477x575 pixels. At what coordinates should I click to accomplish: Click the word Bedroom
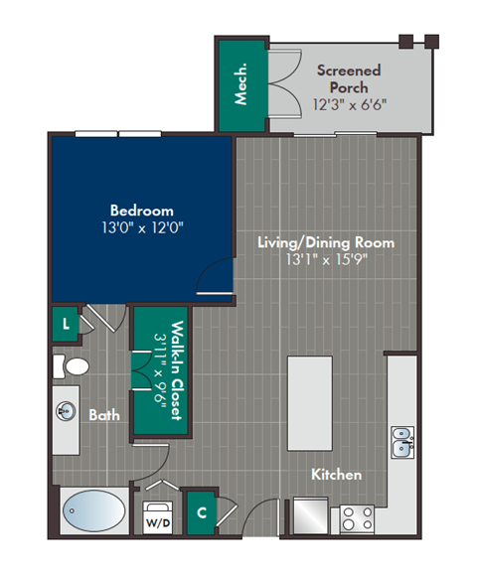click(141, 211)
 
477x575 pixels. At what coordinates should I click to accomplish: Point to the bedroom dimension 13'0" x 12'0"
click(141, 227)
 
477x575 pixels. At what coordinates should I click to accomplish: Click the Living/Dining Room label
click(326, 242)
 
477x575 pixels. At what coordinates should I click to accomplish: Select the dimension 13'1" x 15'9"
click(326, 260)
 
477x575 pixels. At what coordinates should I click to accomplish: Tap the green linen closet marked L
click(67, 324)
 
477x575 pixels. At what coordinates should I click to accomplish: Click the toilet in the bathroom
click(69, 366)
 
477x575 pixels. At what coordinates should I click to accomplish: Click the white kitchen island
click(308, 403)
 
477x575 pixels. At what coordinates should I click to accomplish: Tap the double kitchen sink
click(402, 442)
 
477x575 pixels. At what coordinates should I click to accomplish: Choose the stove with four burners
click(357, 517)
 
